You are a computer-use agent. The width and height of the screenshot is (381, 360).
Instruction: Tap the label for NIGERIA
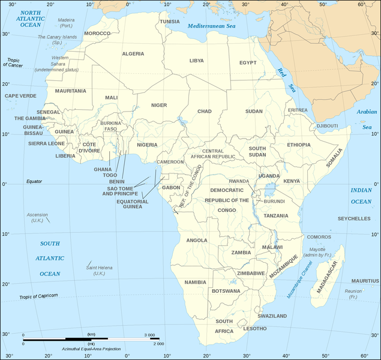147,145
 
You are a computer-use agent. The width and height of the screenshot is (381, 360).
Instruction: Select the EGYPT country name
248,62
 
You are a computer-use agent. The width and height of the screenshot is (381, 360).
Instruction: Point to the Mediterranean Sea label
211,26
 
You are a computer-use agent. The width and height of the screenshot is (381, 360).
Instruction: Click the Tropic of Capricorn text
38,296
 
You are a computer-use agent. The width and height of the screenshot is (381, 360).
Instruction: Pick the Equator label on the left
34,181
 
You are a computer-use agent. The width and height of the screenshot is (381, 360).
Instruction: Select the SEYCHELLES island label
354,219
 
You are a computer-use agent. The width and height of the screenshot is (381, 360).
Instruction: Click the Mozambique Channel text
298,281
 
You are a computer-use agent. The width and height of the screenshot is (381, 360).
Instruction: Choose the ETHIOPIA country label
299,145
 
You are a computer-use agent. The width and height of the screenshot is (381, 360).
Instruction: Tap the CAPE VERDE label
20,95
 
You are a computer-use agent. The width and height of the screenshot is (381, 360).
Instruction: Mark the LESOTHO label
255,328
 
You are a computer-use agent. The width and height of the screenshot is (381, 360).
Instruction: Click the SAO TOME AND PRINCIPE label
123,191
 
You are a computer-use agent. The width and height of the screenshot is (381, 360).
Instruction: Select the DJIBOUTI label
327,125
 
